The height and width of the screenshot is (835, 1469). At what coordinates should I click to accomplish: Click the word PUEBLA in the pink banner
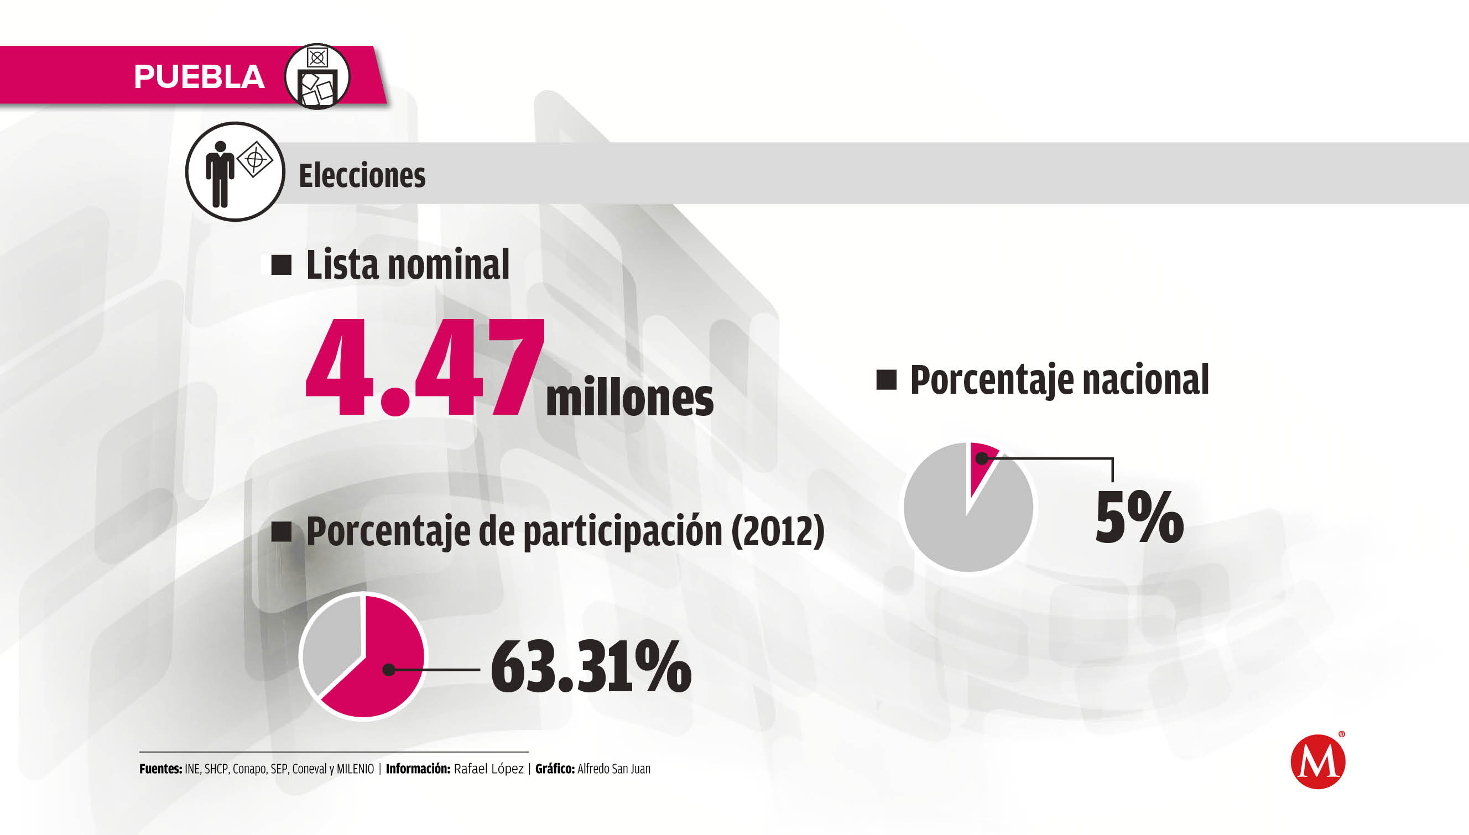point(199,77)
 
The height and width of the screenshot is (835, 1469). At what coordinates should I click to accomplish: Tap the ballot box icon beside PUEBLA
point(317,77)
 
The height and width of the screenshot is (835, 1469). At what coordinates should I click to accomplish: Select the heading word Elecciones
point(362,175)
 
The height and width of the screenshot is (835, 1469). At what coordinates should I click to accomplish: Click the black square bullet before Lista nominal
point(281,265)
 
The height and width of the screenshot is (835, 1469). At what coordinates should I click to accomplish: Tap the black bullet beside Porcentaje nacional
point(886,380)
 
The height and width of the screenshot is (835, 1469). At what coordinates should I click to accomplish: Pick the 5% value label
point(1139,517)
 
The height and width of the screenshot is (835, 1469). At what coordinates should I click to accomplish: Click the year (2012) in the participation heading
point(777,531)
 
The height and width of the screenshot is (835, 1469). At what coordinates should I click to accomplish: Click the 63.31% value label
point(591,666)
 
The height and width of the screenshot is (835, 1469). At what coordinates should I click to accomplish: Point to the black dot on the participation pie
point(388,669)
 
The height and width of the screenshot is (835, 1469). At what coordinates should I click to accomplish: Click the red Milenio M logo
point(1317,761)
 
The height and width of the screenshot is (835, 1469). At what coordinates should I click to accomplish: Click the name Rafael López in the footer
point(488,769)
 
